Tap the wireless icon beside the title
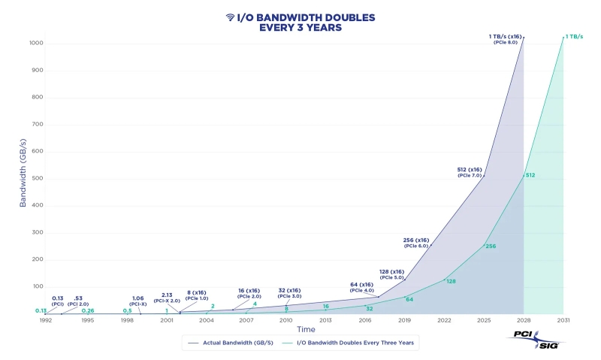[x=230, y=17]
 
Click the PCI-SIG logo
[x=536, y=339]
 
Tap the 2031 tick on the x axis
[x=563, y=320]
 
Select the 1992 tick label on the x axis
[x=46, y=320]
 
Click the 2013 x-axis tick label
[x=325, y=320]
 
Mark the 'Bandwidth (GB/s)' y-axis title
[x=23, y=177]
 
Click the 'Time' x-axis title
[x=306, y=329]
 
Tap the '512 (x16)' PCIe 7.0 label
[x=470, y=172]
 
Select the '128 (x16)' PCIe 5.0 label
[x=392, y=274]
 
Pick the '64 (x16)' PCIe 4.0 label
[x=361, y=287]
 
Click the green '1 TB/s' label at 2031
[x=575, y=36]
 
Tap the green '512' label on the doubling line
[x=530, y=175]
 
